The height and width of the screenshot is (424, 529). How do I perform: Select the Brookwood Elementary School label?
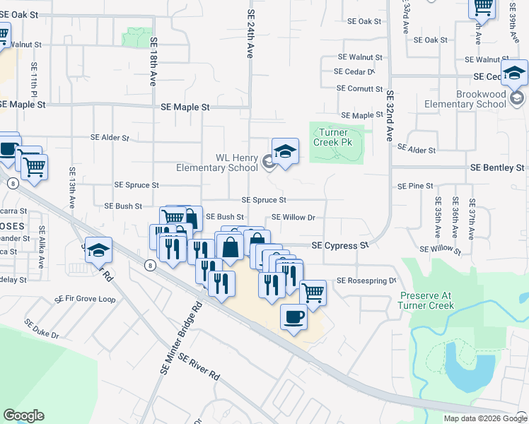pyautogui.click(x=465, y=99)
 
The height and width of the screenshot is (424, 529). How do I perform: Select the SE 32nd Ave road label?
pyautogui.click(x=389, y=116)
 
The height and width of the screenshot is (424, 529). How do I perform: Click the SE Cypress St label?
pyautogui.click(x=341, y=245)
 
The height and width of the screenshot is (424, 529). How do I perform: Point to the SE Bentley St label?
pyautogui.click(x=498, y=167)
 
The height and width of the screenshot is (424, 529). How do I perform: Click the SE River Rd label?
pyautogui.click(x=199, y=367)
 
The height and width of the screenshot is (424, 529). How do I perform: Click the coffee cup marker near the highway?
pyautogui.click(x=293, y=317)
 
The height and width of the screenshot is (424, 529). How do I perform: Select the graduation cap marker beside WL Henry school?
pyautogui.click(x=285, y=151)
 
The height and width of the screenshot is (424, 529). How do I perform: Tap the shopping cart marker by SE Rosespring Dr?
pyautogui.click(x=313, y=291)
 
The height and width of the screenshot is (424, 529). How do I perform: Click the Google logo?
pyautogui.click(x=23, y=416)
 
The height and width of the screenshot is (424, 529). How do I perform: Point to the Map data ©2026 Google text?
pyautogui.click(x=485, y=418)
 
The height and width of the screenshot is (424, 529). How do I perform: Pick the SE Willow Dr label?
pyautogui.click(x=293, y=217)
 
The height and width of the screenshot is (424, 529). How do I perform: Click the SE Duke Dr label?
pyautogui.click(x=42, y=329)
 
